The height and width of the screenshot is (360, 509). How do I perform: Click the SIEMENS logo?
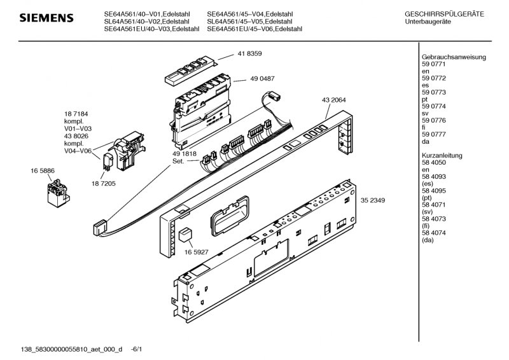click(46, 18)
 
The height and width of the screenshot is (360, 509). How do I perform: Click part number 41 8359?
click(249, 53)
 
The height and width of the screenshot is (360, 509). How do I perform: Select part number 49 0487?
click(262, 79)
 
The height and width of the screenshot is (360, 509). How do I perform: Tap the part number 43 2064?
click(333, 100)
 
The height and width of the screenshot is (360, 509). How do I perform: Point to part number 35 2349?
click(373, 200)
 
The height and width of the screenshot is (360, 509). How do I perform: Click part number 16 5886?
click(43, 170)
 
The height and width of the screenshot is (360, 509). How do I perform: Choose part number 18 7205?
click(103, 183)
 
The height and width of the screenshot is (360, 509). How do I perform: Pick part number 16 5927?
click(197, 252)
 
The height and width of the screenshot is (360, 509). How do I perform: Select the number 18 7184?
click(76, 114)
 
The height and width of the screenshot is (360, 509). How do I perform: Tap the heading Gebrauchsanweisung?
click(454, 57)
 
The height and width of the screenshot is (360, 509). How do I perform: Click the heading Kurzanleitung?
click(442, 155)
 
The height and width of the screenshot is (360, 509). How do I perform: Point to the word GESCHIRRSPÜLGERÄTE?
click(444, 14)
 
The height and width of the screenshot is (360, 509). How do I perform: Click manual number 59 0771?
click(434, 64)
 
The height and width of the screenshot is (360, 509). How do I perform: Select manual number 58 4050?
click(434, 162)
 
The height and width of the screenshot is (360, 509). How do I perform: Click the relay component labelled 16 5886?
click(58, 193)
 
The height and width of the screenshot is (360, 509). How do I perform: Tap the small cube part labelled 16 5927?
click(185, 234)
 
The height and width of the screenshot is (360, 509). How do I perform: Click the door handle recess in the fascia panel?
click(229, 215)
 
